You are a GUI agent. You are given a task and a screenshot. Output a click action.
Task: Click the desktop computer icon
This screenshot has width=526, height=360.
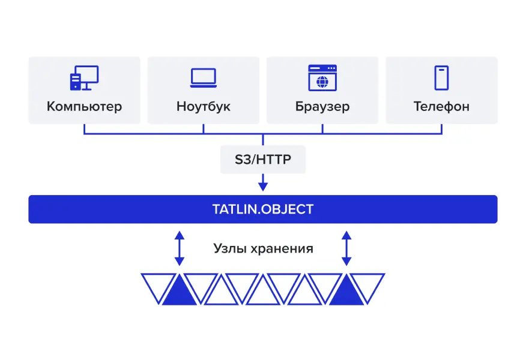[x=84, y=78]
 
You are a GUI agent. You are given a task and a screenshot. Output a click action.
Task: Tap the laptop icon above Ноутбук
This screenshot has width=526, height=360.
[x=204, y=78]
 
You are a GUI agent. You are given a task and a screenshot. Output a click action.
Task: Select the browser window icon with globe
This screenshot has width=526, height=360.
[x=322, y=78]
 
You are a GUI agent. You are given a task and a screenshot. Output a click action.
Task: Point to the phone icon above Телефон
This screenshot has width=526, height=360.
[x=441, y=78]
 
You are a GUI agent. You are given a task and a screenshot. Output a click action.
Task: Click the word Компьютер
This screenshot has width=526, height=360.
[x=84, y=107]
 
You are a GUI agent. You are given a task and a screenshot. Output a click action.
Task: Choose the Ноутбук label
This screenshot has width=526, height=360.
[x=204, y=107]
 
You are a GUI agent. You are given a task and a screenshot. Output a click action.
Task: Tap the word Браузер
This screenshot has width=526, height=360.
[x=322, y=107]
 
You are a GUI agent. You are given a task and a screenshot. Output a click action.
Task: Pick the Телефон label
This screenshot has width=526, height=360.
[x=441, y=107]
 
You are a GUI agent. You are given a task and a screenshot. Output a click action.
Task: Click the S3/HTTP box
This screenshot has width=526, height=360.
[x=263, y=160]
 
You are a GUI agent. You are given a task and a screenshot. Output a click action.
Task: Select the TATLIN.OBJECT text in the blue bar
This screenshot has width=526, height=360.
[x=263, y=209]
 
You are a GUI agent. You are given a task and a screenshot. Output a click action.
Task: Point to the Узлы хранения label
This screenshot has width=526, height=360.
[x=263, y=248]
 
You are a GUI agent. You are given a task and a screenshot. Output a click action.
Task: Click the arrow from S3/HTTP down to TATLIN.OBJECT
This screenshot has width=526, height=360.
[x=263, y=182]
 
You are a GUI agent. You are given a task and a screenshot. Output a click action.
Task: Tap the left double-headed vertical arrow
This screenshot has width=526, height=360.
[x=179, y=248]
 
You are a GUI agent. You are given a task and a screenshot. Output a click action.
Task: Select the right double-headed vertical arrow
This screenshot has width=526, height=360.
[x=346, y=248]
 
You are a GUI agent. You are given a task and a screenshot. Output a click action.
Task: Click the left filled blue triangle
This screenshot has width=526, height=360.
[x=179, y=293]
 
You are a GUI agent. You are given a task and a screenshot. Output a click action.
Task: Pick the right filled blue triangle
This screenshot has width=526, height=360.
[x=346, y=293]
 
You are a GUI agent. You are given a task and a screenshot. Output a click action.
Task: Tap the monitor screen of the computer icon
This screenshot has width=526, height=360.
[x=89, y=74]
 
